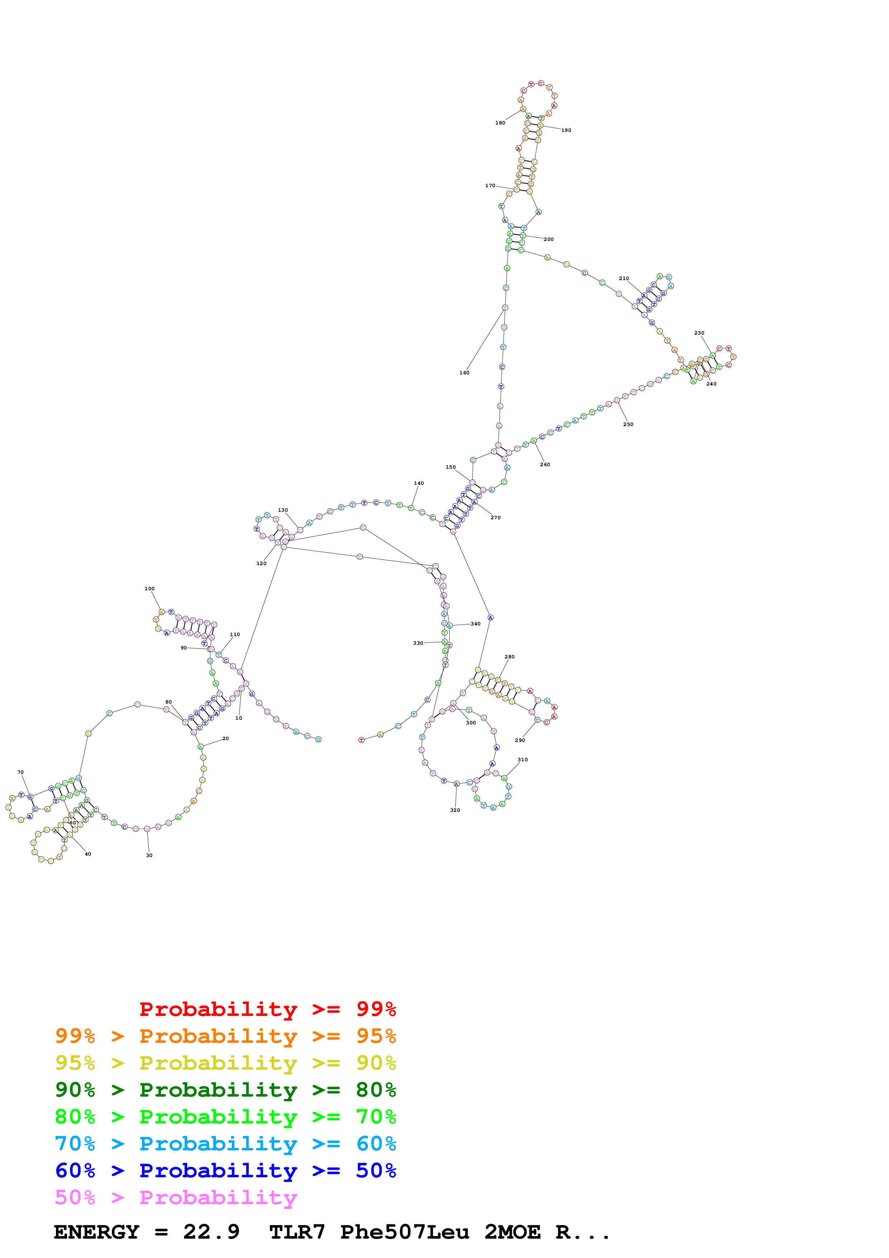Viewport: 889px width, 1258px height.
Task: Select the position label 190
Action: click(566, 131)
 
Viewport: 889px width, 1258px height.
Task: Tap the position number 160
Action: click(464, 373)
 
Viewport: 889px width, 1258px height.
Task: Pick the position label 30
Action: click(149, 855)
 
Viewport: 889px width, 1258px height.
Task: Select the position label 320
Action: click(455, 810)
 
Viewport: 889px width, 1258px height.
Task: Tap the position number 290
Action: click(520, 740)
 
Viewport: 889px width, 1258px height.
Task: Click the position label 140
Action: click(419, 483)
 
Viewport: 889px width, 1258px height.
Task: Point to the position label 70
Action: click(20, 772)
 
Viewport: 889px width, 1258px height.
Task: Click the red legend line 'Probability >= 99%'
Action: click(267, 1009)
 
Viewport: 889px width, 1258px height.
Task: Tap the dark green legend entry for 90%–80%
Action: click(225, 1090)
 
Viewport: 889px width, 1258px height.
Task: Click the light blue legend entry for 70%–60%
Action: click(225, 1144)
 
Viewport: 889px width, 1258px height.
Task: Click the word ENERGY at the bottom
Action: click(96, 1232)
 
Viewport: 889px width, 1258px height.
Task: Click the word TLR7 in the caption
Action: click(297, 1232)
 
